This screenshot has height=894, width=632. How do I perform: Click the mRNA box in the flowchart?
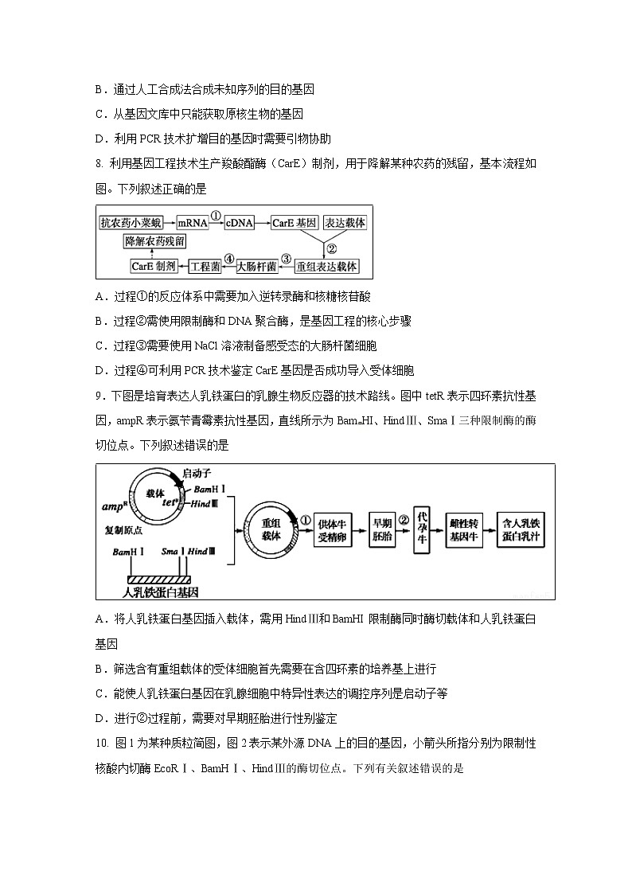pyautogui.click(x=192, y=223)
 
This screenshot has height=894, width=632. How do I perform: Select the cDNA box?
pyautogui.click(x=239, y=223)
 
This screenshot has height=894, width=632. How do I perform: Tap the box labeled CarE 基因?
pyautogui.click(x=295, y=223)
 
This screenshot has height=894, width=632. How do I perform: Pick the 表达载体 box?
pyautogui.click(x=345, y=223)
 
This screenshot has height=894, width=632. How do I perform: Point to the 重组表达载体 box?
pyautogui.click(x=328, y=266)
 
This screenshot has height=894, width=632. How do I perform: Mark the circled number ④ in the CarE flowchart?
pyautogui.click(x=229, y=258)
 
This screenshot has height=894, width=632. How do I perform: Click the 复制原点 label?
pyautogui.click(x=125, y=529)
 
